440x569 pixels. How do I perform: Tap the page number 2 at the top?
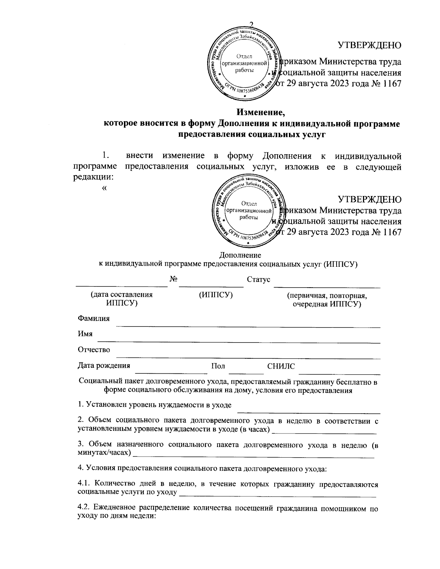click(252, 25)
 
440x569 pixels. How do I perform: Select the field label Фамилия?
click(93, 318)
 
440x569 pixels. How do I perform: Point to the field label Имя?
click(85, 334)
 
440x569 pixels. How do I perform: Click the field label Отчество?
click(94, 350)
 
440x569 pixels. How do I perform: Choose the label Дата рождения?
click(104, 366)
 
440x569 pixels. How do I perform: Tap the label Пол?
click(218, 366)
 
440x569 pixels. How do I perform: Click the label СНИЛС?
click(281, 366)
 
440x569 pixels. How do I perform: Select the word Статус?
click(258, 280)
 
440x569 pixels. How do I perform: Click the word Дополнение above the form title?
click(240, 255)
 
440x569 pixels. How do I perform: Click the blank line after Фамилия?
click(250, 326)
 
